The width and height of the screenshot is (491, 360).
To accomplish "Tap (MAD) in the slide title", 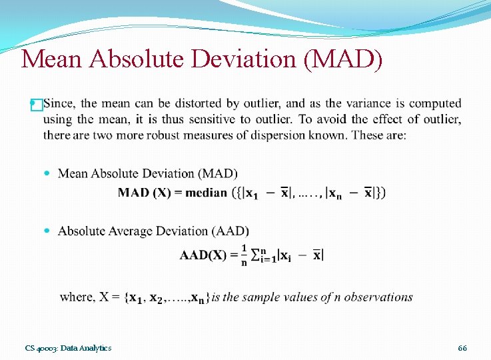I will [x=343, y=59].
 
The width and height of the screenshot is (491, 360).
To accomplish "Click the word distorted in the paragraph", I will [x=179, y=103].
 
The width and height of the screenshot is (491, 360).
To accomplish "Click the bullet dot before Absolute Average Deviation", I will [x=46, y=231].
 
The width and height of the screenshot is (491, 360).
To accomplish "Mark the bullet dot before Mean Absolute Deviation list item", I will [x=46, y=173].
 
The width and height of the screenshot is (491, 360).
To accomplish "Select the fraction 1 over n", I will [x=244, y=255].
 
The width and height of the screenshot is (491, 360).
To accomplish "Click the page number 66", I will [x=462, y=348].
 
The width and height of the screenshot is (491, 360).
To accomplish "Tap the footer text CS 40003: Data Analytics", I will [x=68, y=348].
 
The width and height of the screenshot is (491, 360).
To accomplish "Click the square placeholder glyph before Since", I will [x=37, y=104].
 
